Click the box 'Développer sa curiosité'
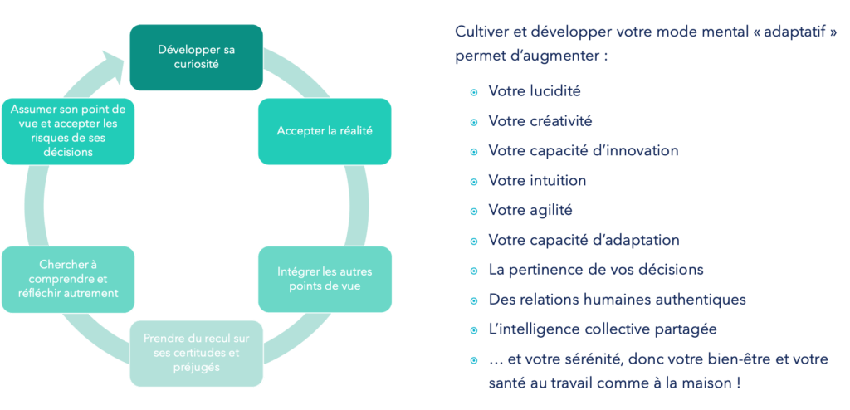[x=196, y=57]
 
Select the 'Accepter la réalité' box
[x=325, y=131]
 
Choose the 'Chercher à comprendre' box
[x=69, y=279]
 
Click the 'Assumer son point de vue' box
[x=69, y=131]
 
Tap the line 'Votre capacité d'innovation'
[x=583, y=151]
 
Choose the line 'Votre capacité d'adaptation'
[x=584, y=240]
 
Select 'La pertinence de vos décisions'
[x=596, y=270]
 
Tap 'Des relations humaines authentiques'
[x=617, y=300]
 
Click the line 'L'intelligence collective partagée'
[x=602, y=329]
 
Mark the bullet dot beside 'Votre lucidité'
[x=473, y=91]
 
